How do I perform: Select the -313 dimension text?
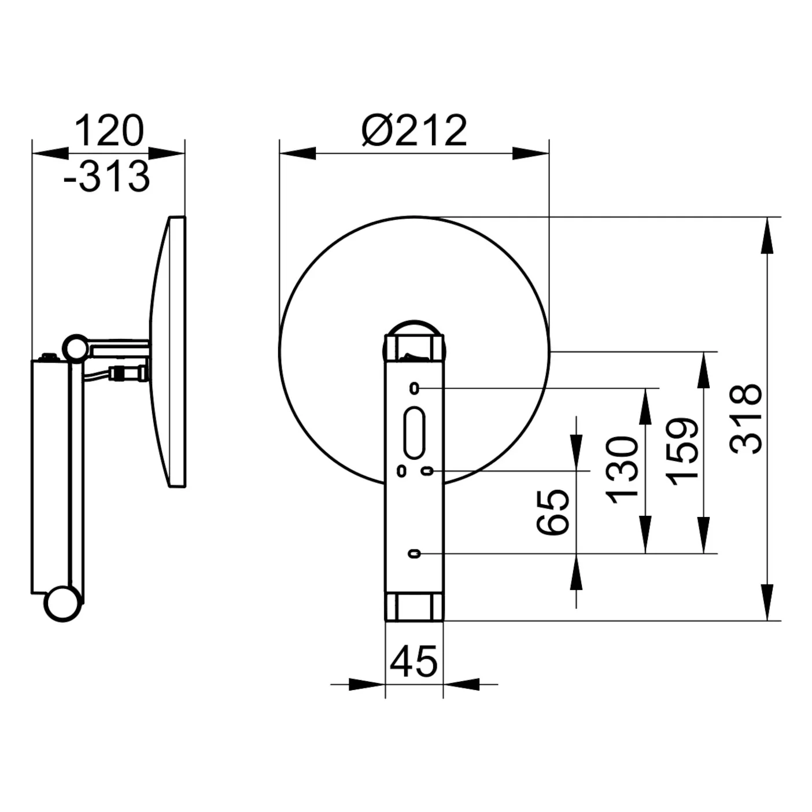coord(107,176)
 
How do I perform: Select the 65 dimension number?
coord(553,512)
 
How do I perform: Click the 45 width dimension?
coord(414,661)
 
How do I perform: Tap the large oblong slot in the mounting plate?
coord(414,433)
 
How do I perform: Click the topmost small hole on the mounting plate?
coord(414,388)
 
